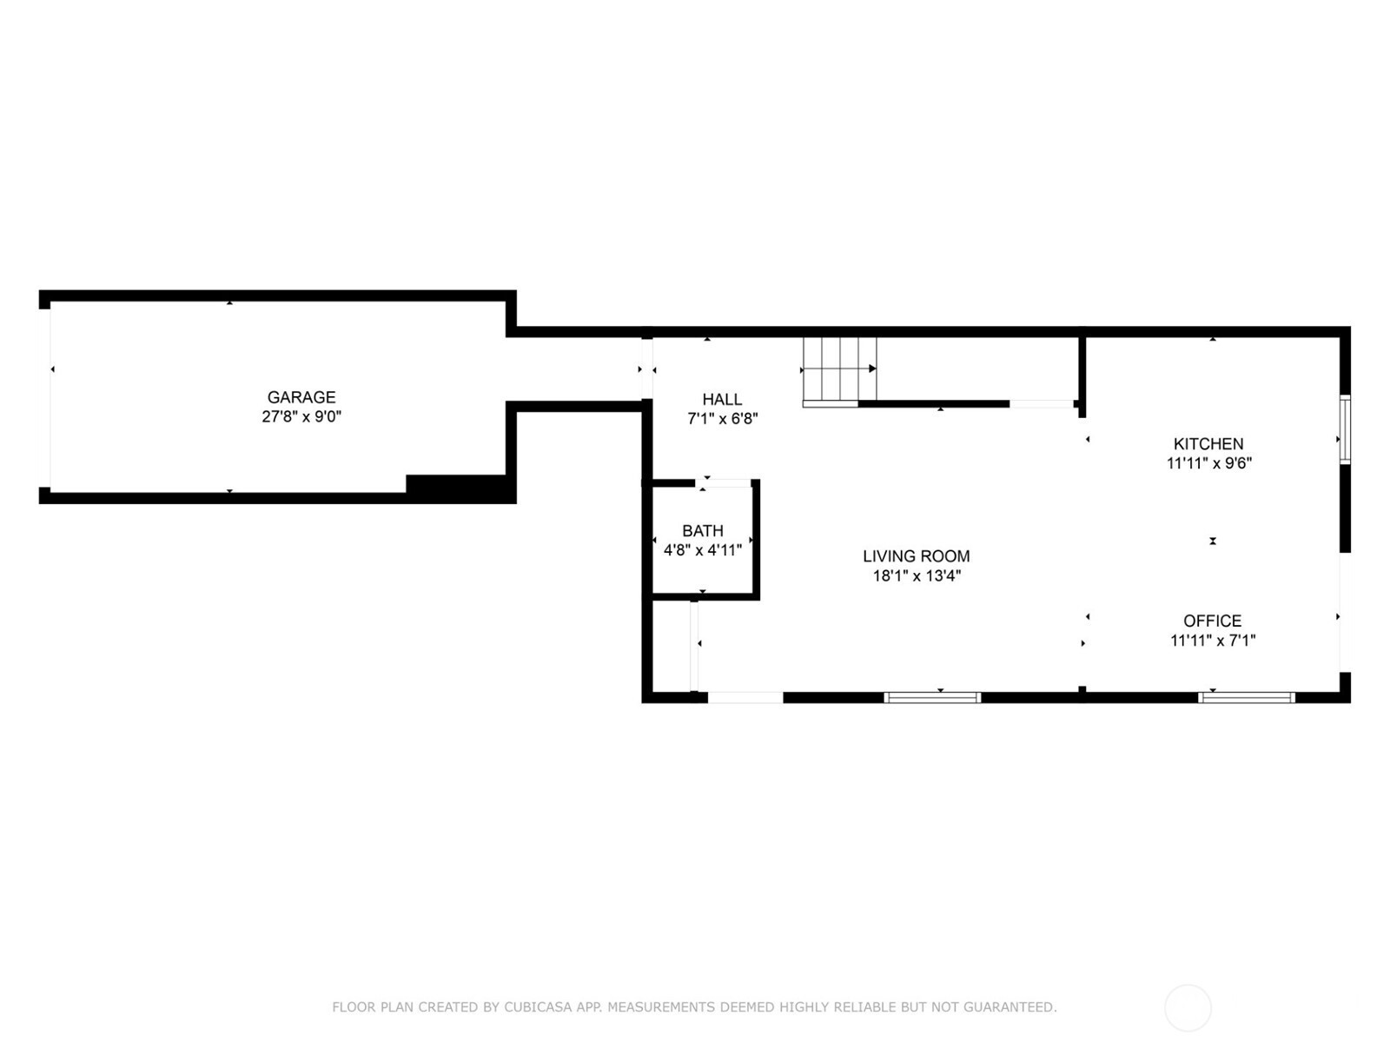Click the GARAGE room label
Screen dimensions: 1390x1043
coord(301,397)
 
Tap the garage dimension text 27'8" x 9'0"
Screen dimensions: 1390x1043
coord(301,416)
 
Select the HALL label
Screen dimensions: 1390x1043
coord(722,400)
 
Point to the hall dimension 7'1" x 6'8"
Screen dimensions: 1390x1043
coord(723,419)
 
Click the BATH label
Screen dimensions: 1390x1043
coord(703,531)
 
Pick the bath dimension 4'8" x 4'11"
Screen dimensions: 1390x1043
coord(703,549)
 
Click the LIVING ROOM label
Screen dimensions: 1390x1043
coord(917,556)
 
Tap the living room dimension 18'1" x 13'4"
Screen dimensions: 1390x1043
coord(917,575)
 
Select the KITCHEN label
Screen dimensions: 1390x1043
coord(1209,444)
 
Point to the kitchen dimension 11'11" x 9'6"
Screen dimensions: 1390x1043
coord(1209,463)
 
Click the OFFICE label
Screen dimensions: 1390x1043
coord(1213,621)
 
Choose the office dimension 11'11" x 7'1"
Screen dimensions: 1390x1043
coord(1213,641)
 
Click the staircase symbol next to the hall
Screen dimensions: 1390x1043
coord(840,372)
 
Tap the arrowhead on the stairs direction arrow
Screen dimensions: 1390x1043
coord(872,369)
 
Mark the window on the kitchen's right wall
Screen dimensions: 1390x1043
coord(1345,430)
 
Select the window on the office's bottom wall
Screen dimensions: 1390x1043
coord(1247,697)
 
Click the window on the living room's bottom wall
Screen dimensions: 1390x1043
coord(933,697)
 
